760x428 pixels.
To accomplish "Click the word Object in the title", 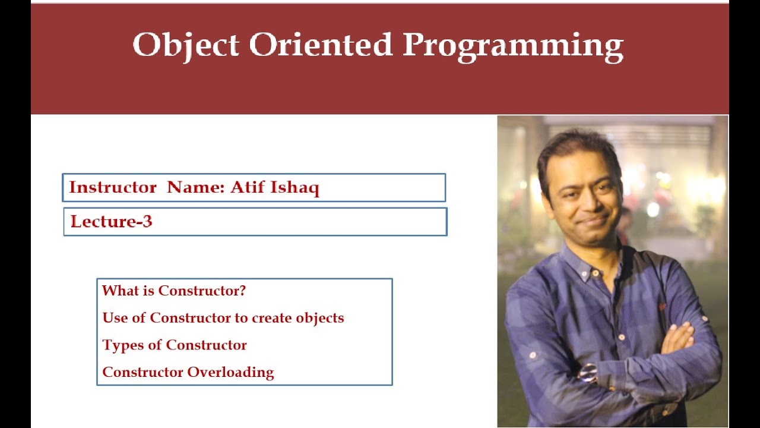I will point(185,45).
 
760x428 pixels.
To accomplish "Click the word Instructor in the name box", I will point(113,188).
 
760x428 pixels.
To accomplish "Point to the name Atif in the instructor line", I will point(245,188).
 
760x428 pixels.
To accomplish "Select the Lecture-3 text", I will point(112,222).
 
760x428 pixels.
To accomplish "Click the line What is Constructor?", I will point(174,291).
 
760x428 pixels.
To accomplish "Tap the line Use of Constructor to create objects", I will point(223,318).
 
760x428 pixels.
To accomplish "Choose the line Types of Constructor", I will point(175,345).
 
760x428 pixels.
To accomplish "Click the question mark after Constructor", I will point(242,291).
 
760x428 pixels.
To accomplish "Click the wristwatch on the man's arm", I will point(588,373).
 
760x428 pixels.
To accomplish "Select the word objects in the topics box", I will point(321,318).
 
